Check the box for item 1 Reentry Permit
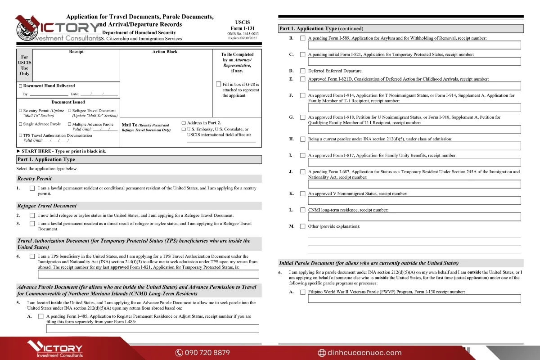32,188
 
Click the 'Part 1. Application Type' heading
46,159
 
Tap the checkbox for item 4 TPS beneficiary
32,256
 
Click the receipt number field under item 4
148,274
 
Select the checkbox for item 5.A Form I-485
41,316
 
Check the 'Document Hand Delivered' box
20,86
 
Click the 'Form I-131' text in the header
243,28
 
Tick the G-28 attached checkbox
219,84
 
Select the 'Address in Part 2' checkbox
184,123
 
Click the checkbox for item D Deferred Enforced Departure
303,71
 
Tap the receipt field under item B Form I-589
414,45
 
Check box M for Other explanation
303,226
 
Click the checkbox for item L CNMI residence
303,210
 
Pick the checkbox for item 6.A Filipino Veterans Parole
303,292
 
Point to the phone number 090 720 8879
202,352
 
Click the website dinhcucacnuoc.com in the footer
360,352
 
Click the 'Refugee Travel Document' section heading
47,206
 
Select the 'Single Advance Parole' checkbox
20,124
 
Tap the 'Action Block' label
165,52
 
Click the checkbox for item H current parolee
303,139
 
